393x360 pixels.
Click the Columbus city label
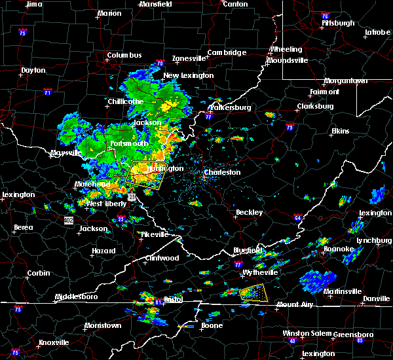(124, 55)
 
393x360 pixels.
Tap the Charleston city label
(222, 173)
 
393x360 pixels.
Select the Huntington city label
(165, 168)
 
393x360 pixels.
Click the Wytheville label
(259, 272)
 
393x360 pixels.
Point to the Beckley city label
(249, 212)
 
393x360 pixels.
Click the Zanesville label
(190, 58)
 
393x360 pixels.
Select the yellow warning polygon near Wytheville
(254, 291)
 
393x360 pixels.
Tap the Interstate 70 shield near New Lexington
(160, 63)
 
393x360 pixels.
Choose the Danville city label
(377, 298)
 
